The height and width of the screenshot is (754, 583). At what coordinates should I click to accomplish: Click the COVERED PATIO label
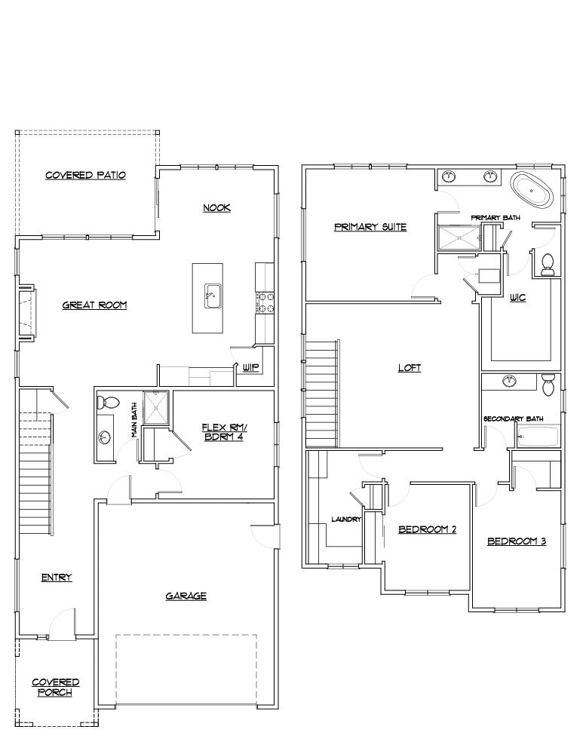click(x=85, y=175)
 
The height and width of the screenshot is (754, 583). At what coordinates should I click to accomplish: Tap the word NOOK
click(x=216, y=207)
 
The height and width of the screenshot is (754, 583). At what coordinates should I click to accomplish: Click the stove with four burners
click(x=265, y=302)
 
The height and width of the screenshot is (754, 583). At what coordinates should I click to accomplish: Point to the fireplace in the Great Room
click(x=26, y=311)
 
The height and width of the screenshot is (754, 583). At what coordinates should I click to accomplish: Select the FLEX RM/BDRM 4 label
click(x=224, y=431)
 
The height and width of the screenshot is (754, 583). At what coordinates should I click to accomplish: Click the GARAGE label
click(x=186, y=596)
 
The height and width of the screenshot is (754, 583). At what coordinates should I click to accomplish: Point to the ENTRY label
click(x=57, y=578)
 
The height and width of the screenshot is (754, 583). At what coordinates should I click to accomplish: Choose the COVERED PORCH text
click(x=55, y=687)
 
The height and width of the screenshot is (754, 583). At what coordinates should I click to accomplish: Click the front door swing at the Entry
click(x=63, y=623)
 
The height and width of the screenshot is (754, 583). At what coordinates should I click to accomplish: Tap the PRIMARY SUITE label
click(x=370, y=226)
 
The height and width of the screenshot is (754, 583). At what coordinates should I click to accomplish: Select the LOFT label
click(x=409, y=368)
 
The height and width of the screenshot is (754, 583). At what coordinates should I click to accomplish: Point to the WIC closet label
click(x=517, y=298)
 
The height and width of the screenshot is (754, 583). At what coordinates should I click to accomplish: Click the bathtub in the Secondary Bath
click(x=538, y=437)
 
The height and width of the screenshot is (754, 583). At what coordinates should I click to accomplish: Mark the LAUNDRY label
click(x=346, y=519)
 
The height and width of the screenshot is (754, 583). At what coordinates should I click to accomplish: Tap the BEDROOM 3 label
click(x=516, y=541)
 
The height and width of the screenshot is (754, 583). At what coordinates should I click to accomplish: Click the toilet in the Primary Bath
click(x=548, y=263)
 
